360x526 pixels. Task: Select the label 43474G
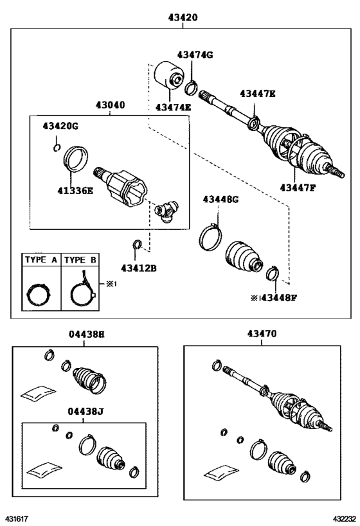[194, 55]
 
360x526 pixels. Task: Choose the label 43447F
[297, 187]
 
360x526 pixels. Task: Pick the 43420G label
[60, 125]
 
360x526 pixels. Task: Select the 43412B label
[138, 267]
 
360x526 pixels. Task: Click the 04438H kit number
[86, 334]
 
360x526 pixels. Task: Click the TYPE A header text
[40, 260]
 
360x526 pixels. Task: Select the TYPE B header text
[80, 260]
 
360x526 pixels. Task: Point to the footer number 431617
[17, 518]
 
